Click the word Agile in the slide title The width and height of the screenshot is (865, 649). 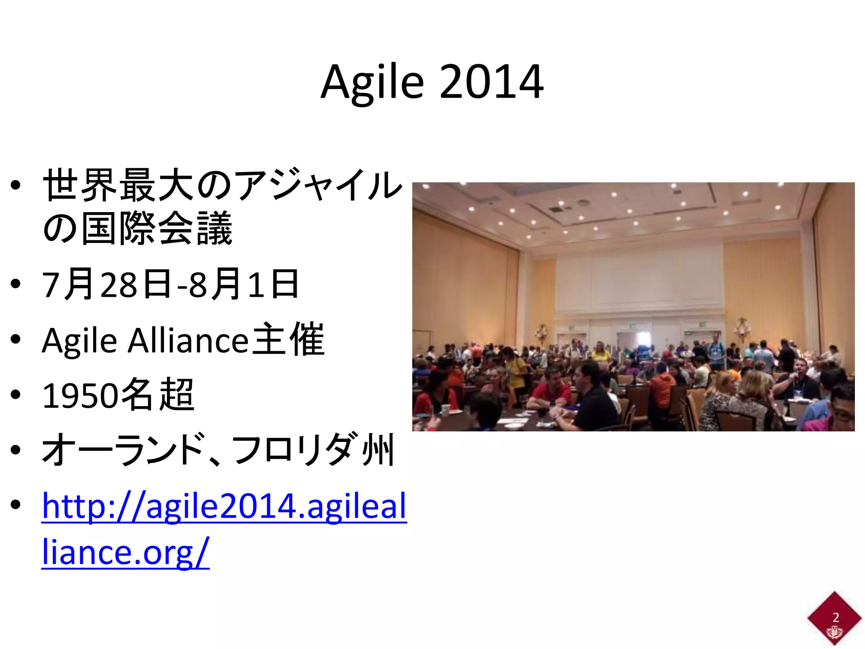pos(372,82)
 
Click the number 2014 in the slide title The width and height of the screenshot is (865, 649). pos(492,82)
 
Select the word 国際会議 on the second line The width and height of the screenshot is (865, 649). pos(156,229)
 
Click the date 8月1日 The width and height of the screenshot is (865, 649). pos(244,284)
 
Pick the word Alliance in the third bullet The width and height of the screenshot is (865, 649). pos(188,341)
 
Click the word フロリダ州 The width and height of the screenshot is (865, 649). pos(313,450)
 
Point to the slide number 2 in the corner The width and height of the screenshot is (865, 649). pos(835,617)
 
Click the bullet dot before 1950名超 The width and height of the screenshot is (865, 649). pos(16,395)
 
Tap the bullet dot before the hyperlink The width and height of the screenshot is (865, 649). pos(16,505)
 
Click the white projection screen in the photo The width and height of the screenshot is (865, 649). pos(640,277)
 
